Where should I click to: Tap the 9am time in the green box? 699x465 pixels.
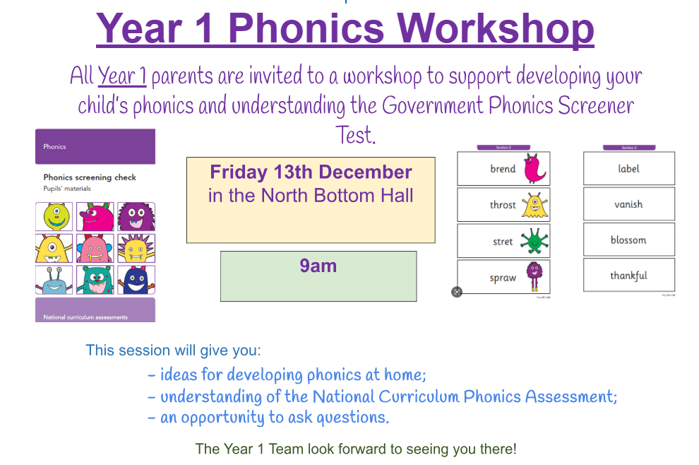tap(318, 266)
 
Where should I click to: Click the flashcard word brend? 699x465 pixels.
tap(503, 169)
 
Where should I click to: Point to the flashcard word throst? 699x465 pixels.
tap(503, 205)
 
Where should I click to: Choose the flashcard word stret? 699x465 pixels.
tap(503, 242)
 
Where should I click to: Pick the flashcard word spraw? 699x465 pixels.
tap(503, 278)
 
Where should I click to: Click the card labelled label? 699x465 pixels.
tap(628, 169)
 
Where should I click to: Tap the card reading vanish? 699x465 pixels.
tap(628, 204)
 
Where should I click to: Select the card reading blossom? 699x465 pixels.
tap(628, 240)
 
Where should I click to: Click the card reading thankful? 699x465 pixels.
tap(628, 276)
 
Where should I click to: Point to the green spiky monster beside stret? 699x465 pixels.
tap(534, 242)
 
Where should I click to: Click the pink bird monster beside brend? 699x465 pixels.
tap(534, 168)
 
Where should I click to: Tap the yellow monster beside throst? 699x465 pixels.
tap(534, 205)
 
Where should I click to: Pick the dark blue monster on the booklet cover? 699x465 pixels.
tap(136, 280)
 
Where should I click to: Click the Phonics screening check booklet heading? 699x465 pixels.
tap(90, 177)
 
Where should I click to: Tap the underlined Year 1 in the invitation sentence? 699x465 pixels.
tap(121, 75)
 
